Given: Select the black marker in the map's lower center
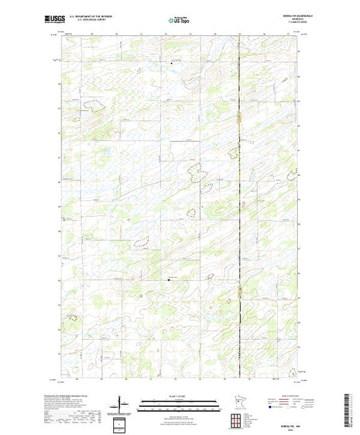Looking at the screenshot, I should pyautogui.click(x=169, y=280).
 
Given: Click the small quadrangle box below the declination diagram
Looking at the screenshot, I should pyautogui.click(x=122, y=423).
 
